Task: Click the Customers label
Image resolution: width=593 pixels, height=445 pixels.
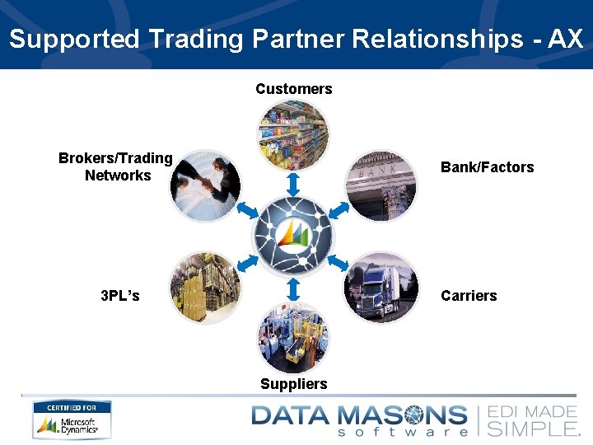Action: (x=293, y=89)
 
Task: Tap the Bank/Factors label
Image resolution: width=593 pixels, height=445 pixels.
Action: (x=487, y=167)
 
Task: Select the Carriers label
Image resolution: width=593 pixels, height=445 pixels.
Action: (x=469, y=296)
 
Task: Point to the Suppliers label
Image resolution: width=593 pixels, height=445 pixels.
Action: (x=293, y=384)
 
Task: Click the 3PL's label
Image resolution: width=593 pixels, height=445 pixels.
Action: (x=119, y=296)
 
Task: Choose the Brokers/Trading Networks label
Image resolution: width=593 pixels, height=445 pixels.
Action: (x=116, y=166)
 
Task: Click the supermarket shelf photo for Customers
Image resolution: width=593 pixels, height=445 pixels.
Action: (x=293, y=134)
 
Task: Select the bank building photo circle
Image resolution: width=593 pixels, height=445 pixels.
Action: (x=381, y=185)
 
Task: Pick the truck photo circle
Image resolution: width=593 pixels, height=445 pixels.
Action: (x=381, y=287)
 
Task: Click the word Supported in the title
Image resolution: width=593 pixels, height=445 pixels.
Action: (x=75, y=39)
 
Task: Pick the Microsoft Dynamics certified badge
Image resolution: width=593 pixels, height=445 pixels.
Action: (x=72, y=419)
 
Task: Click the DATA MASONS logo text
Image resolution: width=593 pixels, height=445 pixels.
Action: (x=358, y=415)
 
